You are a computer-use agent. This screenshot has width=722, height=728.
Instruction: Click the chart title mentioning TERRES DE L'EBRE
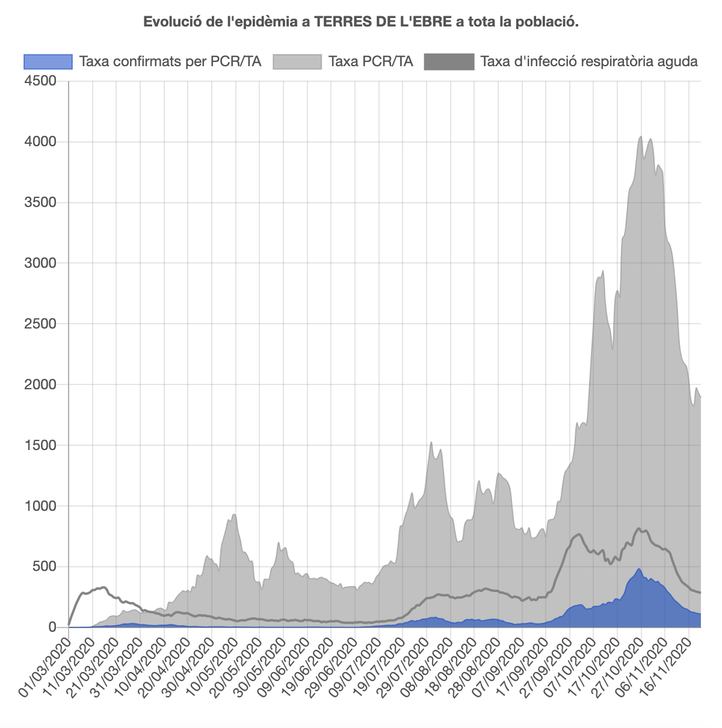pyautogui.click(x=360, y=22)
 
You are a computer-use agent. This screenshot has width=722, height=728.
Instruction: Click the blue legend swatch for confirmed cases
pyautogui.click(x=48, y=61)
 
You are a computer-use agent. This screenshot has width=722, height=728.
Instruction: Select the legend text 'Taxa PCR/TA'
pyautogui.click(x=371, y=61)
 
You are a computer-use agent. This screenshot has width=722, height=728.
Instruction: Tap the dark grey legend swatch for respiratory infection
pyautogui.click(x=449, y=61)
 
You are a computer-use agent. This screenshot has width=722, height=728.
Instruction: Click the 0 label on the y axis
pyautogui.click(x=52, y=628)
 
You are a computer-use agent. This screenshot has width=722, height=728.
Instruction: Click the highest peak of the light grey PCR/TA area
pyautogui.click(x=641, y=137)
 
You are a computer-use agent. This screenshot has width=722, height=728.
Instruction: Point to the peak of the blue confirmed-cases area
pyautogui.click(x=639, y=569)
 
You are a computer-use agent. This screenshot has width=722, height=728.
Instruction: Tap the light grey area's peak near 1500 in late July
pyautogui.click(x=431, y=442)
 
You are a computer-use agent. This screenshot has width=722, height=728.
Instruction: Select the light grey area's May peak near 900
pyautogui.click(x=234, y=514)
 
